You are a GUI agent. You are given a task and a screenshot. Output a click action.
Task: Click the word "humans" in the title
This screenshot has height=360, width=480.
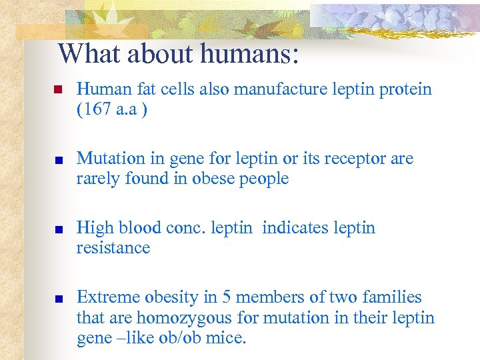click(x=253, y=54)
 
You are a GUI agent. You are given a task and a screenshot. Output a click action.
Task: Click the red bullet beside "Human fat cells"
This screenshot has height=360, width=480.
click(x=58, y=90)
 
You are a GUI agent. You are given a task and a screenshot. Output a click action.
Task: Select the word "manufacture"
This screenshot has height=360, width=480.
click(x=284, y=89)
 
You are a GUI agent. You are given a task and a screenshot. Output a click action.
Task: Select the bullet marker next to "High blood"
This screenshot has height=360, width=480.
click(x=58, y=229)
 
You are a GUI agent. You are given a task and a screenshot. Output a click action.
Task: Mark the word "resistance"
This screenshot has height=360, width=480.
click(x=113, y=248)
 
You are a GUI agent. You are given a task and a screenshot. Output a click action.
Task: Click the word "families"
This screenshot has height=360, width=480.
click(x=395, y=297)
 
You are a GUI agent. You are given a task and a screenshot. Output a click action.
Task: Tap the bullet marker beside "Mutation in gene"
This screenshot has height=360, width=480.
click(x=58, y=159)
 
